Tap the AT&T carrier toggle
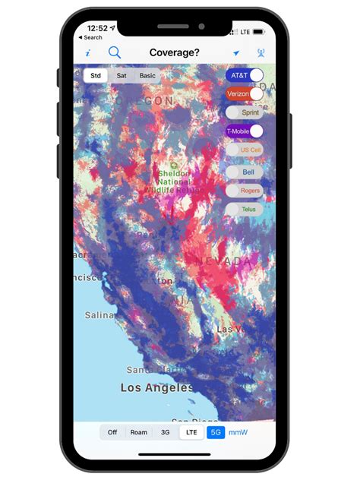pos(245,75)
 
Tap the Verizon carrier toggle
pos(245,94)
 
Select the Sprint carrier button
pos(245,112)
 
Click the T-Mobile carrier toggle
pos(245,131)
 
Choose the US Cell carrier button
pos(245,150)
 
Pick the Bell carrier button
pos(245,172)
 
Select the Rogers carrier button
pos(245,191)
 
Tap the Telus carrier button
pos(245,209)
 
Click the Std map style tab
pos(96,76)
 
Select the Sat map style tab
pos(122,76)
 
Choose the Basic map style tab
pos(147,76)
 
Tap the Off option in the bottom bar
pos(112,432)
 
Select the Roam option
pos(138,432)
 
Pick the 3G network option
pos(165,432)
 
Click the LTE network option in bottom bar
pos(191,432)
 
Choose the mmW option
pos(238,432)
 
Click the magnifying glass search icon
pos(115,52)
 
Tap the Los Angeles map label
pos(156,387)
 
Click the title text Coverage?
pos(174,52)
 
